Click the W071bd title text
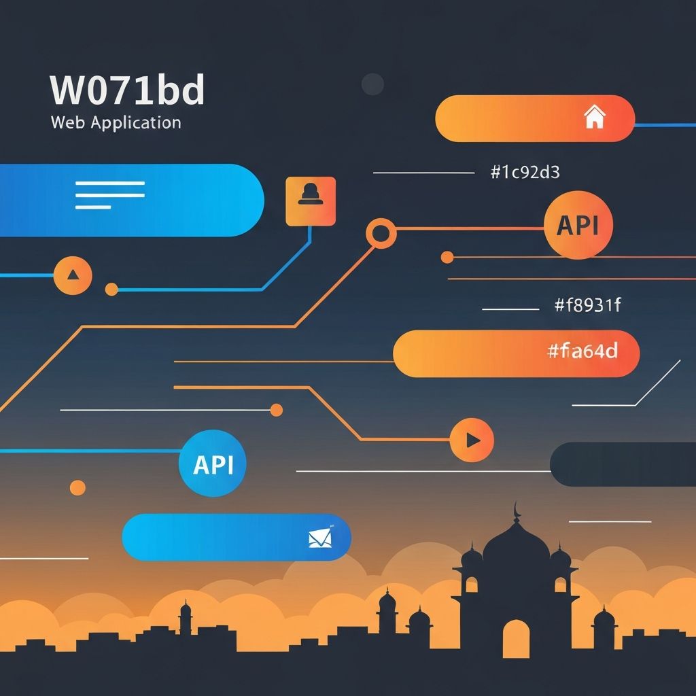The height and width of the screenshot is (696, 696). point(127,90)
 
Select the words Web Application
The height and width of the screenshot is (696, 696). point(116,123)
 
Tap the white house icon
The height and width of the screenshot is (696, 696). point(594,117)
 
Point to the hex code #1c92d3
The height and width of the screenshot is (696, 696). point(524,173)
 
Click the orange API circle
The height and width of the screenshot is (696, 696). point(578,225)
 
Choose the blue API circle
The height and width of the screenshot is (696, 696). point(212,464)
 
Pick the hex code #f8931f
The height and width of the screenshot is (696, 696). point(587,306)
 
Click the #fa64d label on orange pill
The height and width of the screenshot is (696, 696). point(582,351)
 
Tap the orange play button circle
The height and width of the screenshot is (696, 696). point(472,440)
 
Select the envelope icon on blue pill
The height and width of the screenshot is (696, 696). point(319,538)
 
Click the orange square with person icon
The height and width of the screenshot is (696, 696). point(311,201)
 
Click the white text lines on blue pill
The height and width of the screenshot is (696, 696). point(109,195)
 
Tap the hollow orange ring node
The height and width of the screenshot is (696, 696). point(381,234)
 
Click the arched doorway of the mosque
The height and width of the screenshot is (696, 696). point(516,639)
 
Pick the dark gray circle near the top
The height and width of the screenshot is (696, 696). point(372,84)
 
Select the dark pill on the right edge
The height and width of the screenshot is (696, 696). point(622,464)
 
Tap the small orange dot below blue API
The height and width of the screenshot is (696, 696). point(77,487)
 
